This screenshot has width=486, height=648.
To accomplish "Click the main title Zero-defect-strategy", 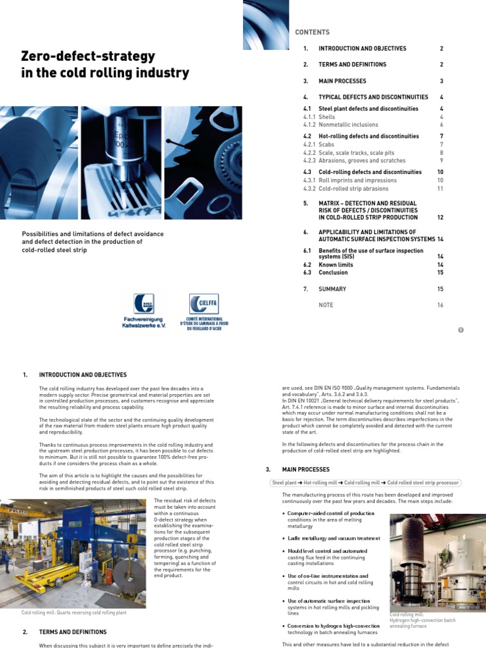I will tap(89, 56).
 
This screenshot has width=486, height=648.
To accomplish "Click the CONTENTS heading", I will tap(312, 32).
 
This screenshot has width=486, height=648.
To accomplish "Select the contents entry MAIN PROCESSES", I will tap(342, 81).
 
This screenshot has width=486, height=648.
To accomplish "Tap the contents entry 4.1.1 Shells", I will tap(327, 117).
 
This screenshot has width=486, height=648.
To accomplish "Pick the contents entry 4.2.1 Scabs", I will tap(327, 144).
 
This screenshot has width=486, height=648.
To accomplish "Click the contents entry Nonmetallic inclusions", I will tap(349, 125).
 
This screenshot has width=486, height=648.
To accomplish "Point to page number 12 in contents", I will tap(440, 218).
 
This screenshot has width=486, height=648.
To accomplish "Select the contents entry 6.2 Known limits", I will tap(335, 265).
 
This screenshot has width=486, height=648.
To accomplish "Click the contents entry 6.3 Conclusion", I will tap(333, 273).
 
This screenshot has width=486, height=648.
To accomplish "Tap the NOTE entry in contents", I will tap(326, 305).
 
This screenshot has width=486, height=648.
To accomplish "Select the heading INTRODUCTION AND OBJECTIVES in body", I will tap(83, 375).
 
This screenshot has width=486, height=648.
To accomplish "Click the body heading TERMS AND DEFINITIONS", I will tap(73, 632).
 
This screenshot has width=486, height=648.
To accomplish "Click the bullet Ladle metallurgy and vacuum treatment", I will tap(333, 538).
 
